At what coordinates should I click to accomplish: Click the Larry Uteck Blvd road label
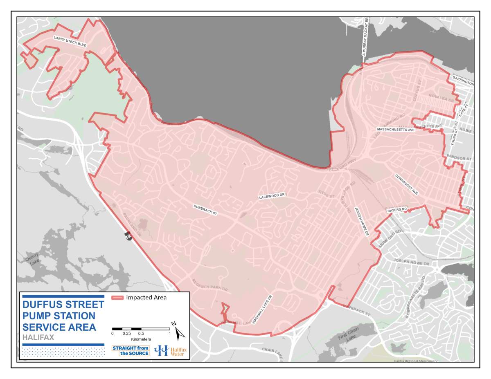point(70,41)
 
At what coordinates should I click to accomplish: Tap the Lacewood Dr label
point(271,197)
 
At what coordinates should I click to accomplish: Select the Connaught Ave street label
point(406,184)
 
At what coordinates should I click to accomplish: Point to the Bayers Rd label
point(397,210)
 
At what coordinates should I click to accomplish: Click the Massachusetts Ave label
point(396,130)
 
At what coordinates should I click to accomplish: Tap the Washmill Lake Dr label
point(262,309)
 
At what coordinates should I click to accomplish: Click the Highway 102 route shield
point(129,236)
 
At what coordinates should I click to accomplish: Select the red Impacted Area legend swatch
point(118,298)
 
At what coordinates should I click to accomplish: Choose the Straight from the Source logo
point(131,350)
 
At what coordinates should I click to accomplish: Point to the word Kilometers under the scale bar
point(141,339)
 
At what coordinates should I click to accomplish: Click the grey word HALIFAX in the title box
point(38,338)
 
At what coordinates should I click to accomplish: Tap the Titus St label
point(327,193)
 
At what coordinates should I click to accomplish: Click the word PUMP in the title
point(38,316)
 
